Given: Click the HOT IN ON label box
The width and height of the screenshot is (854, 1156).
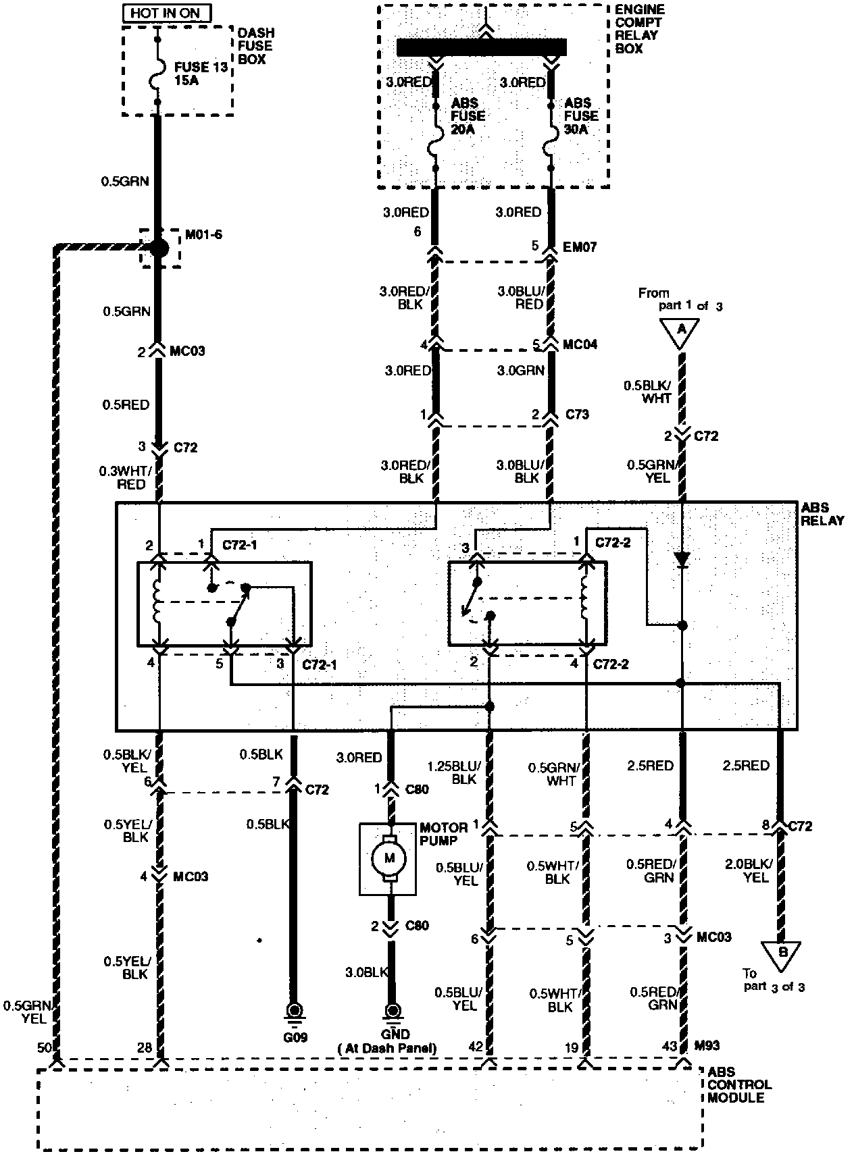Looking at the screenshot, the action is coord(166,13).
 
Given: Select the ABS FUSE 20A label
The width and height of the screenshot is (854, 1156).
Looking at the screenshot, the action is coord(468,115).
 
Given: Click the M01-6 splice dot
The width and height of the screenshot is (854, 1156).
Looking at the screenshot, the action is coord(159,248).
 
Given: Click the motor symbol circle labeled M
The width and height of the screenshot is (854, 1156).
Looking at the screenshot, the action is coord(389,858).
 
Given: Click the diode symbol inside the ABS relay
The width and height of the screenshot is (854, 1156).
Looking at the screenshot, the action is coord(682,559).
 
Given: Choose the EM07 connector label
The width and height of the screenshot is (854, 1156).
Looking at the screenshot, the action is coord(580,246).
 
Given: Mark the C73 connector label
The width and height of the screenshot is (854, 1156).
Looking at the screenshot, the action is coord(576,414).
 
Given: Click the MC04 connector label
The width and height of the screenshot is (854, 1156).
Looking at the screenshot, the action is coord(580,345).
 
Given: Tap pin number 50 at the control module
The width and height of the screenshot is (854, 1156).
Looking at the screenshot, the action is coord(45,1047).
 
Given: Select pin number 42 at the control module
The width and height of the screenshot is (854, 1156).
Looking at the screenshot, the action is coord(476,1047).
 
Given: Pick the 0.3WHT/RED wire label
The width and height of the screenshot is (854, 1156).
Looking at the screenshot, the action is coord(123,478).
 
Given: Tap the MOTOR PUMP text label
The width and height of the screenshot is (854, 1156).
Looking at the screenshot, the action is coord(443,834).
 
